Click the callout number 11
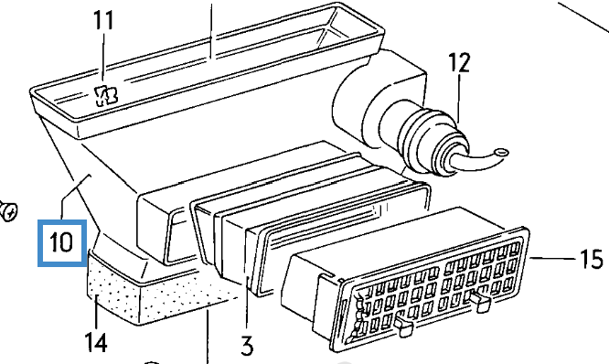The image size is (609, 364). click(104, 21)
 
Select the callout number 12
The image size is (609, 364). click(459, 63)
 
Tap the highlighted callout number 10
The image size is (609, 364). click(61, 242)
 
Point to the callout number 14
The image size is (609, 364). click(96, 343)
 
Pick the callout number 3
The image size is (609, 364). click(247, 346)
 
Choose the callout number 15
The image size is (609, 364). click(592, 259)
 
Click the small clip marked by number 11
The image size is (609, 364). click(106, 95)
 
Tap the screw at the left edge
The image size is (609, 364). click(8, 211)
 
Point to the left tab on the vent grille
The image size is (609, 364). click(404, 326)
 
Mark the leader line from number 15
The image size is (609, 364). click(552, 258)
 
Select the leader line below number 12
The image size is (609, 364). click(459, 99)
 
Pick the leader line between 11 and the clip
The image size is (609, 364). click(103, 59)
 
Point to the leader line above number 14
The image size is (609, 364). click(96, 314)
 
